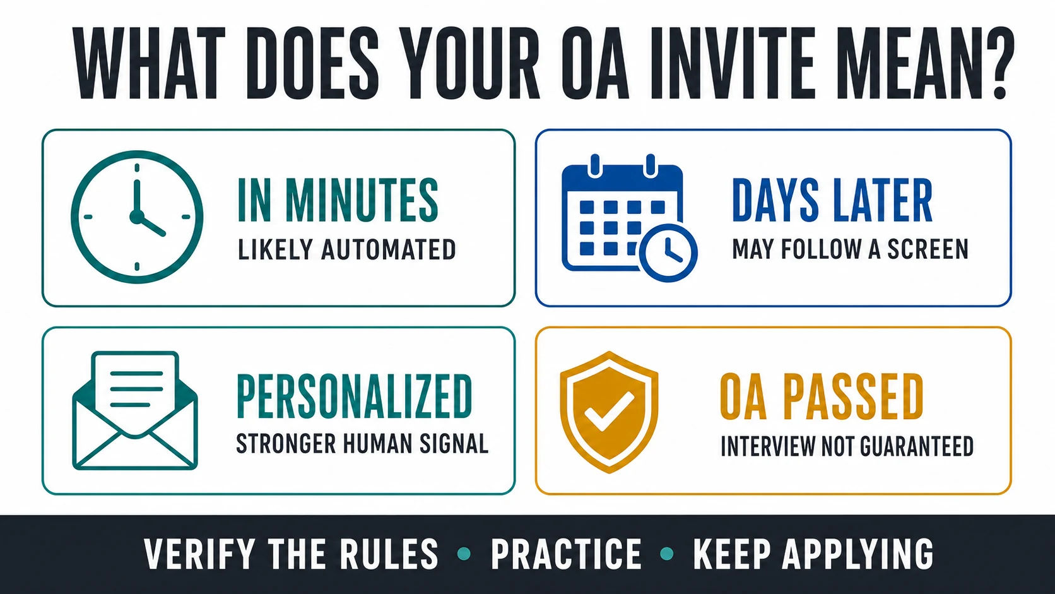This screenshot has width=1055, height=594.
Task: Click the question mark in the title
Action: [x=993, y=63]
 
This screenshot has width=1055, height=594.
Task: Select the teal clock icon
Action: [x=137, y=217]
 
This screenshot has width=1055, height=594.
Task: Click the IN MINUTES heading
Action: [x=338, y=200]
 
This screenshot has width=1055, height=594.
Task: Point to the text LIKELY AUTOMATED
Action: [x=346, y=250]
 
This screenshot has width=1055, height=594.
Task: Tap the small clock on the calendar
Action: [x=668, y=253]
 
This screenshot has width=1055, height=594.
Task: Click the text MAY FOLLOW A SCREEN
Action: [x=850, y=250]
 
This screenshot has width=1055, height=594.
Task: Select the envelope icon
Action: [x=135, y=410]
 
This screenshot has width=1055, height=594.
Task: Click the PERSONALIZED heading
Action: [x=354, y=396]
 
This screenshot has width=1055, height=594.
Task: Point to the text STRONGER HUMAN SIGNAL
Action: [x=362, y=444]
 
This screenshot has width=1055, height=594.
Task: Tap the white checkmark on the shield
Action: [x=608, y=412]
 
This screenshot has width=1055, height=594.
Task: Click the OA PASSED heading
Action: [x=822, y=396]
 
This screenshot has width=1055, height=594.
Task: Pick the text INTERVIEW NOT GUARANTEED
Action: [x=847, y=446]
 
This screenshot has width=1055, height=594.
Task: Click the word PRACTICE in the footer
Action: [x=566, y=554]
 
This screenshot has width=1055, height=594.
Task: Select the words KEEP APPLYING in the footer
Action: [x=813, y=554]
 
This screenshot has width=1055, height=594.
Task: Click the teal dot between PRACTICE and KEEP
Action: [x=667, y=554]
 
